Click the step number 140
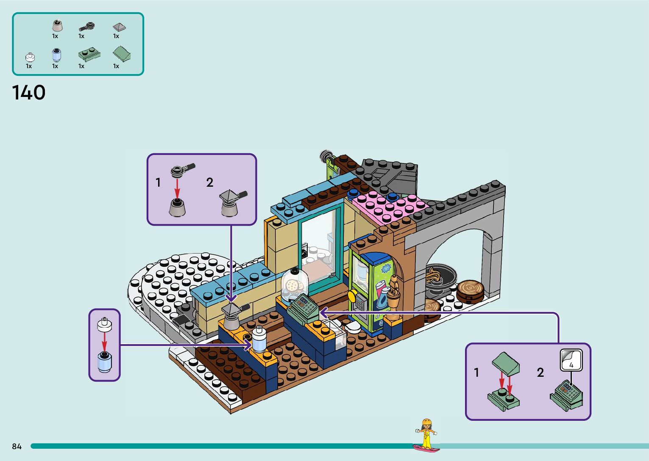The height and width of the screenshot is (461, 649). (x=29, y=93)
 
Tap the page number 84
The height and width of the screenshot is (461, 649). (x=17, y=446)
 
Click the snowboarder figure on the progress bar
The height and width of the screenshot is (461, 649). (x=426, y=434)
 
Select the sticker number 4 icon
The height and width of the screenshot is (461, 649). (x=571, y=360)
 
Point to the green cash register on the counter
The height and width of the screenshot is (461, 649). (x=304, y=309)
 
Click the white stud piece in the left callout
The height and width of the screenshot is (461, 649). (x=104, y=325)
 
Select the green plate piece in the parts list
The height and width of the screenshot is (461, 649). (x=89, y=55)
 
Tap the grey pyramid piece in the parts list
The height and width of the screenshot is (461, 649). (x=119, y=27)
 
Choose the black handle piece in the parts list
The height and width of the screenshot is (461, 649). (x=87, y=27)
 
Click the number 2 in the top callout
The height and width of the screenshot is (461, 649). (x=210, y=182)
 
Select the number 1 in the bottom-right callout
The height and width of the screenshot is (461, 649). (x=476, y=373)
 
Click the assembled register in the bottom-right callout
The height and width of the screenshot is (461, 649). (x=567, y=395)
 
